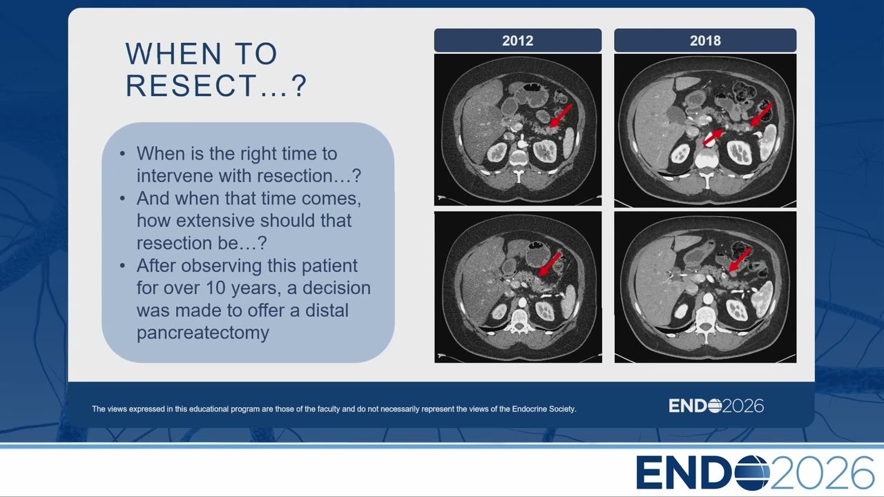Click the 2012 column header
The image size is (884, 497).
pyautogui.click(x=518, y=40)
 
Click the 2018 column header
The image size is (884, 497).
pyautogui.click(x=705, y=40)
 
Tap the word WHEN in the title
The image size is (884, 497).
pyautogui.click(x=173, y=54)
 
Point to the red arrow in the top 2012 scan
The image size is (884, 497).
pyautogui.click(x=561, y=116)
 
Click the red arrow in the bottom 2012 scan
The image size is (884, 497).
pyautogui.click(x=550, y=264)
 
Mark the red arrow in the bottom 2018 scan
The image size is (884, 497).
pyautogui.click(x=740, y=260)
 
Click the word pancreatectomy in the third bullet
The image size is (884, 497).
pyautogui.click(x=203, y=333)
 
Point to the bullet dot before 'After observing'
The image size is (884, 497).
pyautogui.click(x=122, y=266)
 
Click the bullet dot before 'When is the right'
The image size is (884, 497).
pyautogui.click(x=122, y=154)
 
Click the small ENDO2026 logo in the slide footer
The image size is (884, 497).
pyautogui.click(x=716, y=406)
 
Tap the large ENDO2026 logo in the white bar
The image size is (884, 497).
pyautogui.click(x=755, y=473)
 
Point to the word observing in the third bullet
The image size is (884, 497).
pyautogui.click(x=222, y=266)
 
